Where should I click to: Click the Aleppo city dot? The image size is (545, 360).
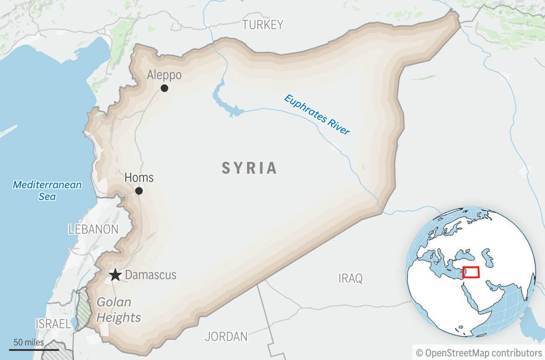tap(164, 88)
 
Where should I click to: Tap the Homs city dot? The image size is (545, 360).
tap(139, 191)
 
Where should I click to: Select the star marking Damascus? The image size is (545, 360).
tap(115, 275)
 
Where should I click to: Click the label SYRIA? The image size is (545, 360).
tap(250, 168)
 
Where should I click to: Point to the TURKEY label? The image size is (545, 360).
tap(262, 24)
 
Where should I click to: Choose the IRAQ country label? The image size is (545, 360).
tap(350, 278)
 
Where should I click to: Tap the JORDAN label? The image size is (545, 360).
tap(226, 337)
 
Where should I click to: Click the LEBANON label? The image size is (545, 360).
tap(93, 230)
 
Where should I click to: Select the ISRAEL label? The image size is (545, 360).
tap(53, 324)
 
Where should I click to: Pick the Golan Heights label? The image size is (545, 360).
tap(118, 310)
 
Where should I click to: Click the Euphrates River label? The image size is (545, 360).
tap(317, 114)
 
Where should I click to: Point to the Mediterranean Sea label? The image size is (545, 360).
tap(47, 191)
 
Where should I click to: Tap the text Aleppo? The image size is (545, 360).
tap(164, 75)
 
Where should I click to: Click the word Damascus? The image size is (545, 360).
tap(150, 275)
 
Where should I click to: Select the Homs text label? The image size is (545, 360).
tap(139, 178)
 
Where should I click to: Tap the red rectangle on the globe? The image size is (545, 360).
tap(470, 272)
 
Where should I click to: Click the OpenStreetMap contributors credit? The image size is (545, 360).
tap(478, 353)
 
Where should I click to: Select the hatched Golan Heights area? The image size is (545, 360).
tap(82, 309)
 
